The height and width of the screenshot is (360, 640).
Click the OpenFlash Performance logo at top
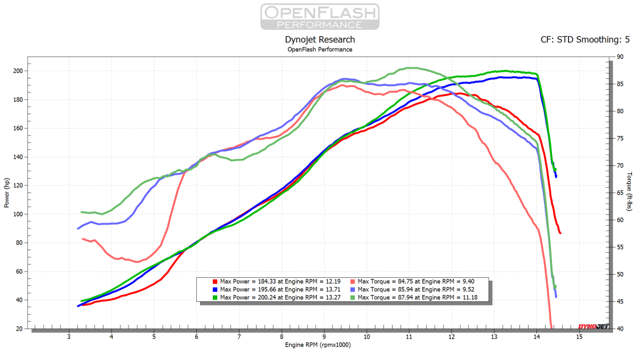coord(319,17)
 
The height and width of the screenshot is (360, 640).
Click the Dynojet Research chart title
coord(320,39)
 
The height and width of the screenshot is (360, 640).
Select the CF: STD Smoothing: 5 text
coord(585,39)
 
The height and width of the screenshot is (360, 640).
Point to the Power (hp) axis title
coord(6,193)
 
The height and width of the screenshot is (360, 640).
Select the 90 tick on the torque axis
coord(620,57)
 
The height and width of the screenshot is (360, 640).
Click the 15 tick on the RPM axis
coord(579,337)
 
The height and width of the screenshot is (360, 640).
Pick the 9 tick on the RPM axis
coord(324,337)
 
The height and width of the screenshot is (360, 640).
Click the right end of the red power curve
coord(560,233)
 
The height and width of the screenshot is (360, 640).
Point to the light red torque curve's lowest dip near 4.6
coord(138,262)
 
